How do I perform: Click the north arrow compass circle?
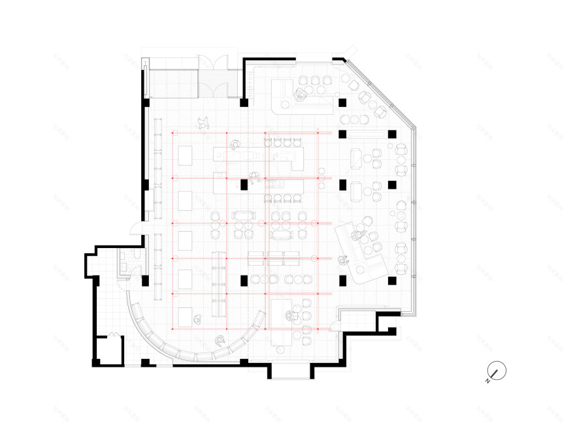click(497, 371)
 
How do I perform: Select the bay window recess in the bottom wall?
click(291, 372)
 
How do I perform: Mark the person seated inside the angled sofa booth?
click(358, 235)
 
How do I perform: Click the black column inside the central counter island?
click(244, 185)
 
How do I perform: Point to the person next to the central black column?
click(255, 176)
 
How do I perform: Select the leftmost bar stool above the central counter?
click(267, 142)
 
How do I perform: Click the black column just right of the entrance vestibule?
click(244, 103)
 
